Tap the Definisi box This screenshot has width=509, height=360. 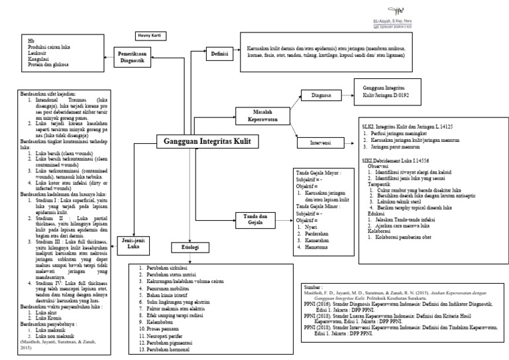click(216, 54)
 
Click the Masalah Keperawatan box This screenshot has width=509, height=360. click(257, 115)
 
